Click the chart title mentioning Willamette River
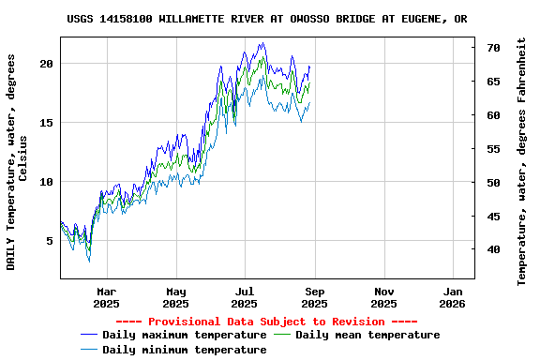click(267, 19)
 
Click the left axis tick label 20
click(47, 64)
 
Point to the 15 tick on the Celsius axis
click(47, 123)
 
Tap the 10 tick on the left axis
click(47, 182)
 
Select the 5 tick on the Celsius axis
click(50, 241)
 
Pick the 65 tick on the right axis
click(493, 82)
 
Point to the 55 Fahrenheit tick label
click(493, 149)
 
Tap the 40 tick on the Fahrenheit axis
click(493, 249)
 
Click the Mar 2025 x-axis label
click(106, 297)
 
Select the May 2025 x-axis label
click(175, 297)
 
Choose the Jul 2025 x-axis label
click(244, 297)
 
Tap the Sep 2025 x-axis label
click(314, 297)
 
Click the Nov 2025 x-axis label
click(383, 297)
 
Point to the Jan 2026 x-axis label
click(453, 297)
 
